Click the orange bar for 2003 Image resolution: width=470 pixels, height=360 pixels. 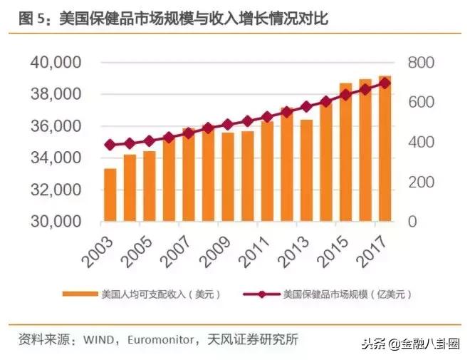pyautogui.click(x=110, y=195)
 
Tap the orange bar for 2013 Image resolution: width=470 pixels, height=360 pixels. pyautogui.click(x=306, y=170)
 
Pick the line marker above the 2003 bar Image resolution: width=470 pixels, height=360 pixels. pyautogui.click(x=110, y=145)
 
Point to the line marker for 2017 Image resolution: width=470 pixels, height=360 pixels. pyautogui.click(x=385, y=83)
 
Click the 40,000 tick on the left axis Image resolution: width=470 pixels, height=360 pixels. pyautogui.click(x=56, y=63)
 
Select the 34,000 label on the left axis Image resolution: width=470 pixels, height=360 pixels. pyautogui.click(x=56, y=158)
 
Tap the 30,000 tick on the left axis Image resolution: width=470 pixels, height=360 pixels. pyautogui.click(x=56, y=222)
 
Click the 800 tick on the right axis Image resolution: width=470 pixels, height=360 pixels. pyautogui.click(x=420, y=63)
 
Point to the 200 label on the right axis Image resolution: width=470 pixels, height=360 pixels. pyautogui.click(x=420, y=182)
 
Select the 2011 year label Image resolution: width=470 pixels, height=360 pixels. pyautogui.click(x=255, y=247)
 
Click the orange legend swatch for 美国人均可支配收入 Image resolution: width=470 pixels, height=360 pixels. pyautogui.click(x=79, y=294)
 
